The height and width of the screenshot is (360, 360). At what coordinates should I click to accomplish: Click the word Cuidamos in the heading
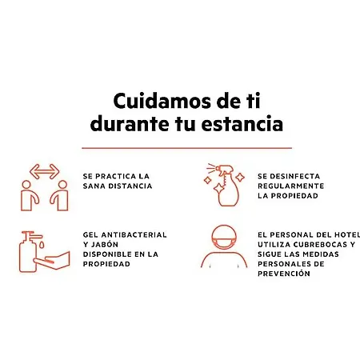162,101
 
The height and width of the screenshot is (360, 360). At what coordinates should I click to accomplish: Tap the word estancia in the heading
242,124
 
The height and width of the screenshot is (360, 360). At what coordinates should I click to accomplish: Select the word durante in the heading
130,124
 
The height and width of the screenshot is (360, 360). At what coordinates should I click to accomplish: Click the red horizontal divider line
186,148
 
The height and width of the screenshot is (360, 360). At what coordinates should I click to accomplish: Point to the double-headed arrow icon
44,171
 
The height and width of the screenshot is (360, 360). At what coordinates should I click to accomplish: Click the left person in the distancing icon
29,195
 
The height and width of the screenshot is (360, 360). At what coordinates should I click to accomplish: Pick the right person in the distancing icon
60,195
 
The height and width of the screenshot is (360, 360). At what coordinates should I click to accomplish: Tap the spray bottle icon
226,186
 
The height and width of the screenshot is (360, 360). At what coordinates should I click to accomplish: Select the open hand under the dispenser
52,260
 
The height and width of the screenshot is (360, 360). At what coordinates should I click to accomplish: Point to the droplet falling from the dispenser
42,245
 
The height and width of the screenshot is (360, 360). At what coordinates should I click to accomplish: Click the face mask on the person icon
224,243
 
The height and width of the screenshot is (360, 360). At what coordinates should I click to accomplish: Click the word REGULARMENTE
290,186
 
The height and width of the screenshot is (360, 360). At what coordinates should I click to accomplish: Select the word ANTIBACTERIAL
134,235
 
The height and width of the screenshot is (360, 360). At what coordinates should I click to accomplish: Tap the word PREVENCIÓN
284,274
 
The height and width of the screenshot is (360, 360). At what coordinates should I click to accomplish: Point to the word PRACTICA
115,176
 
